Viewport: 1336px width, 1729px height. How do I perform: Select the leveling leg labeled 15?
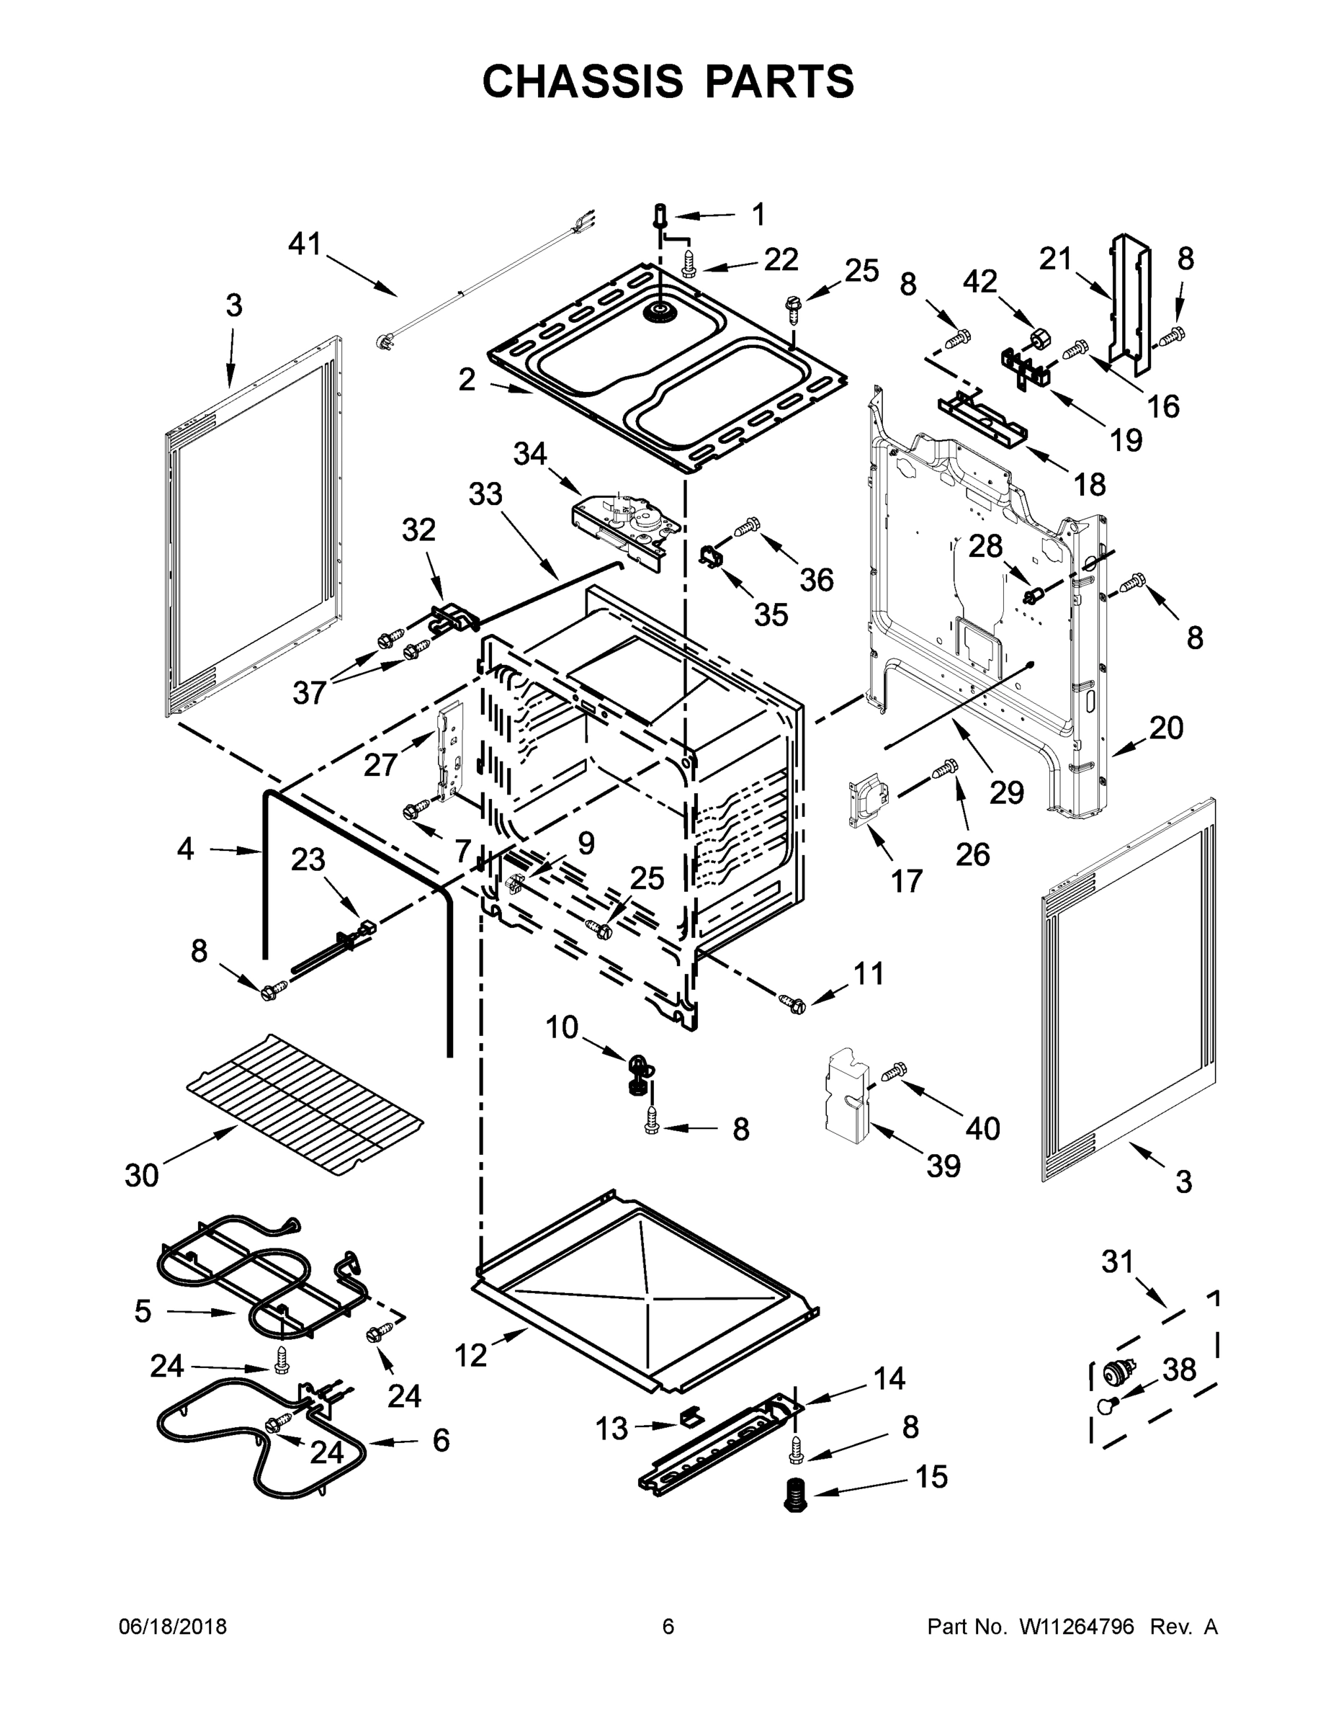point(792,1495)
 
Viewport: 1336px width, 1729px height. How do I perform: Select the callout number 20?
point(1166,728)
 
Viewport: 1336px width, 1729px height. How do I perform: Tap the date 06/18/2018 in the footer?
point(173,1627)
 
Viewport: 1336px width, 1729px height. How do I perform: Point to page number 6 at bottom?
point(668,1627)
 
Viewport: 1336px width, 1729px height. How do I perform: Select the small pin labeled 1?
point(659,214)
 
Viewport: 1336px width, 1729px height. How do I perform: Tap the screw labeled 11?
point(792,1003)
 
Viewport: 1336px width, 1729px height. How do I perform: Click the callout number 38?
point(1178,1369)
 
